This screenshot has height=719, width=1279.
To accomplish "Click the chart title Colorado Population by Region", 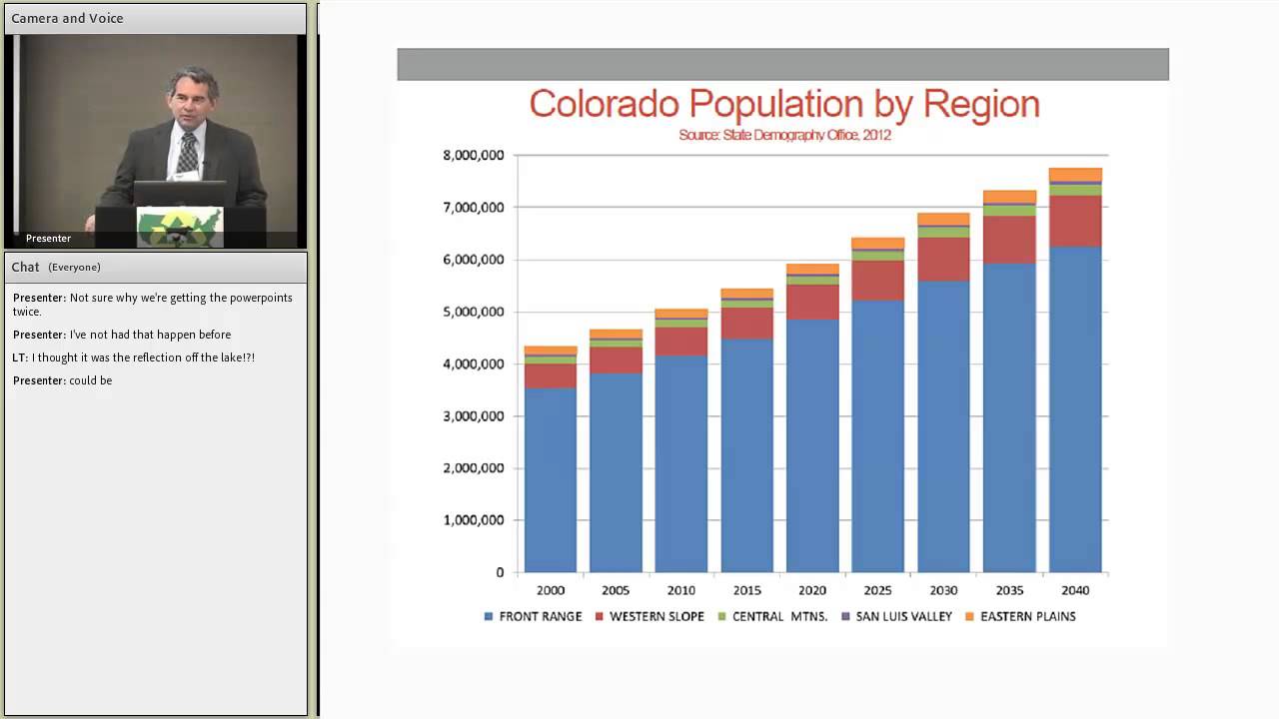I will tap(783, 104).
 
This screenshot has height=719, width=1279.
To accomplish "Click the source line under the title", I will tap(783, 135).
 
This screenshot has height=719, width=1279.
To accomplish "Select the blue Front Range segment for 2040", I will tap(1075, 409).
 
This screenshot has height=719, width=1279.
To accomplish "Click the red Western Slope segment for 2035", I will tap(1009, 240).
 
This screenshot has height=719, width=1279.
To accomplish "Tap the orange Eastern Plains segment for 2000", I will tap(551, 351).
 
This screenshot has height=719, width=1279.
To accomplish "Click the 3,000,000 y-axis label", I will tap(474, 416).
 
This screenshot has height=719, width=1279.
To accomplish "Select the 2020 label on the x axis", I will tap(812, 590).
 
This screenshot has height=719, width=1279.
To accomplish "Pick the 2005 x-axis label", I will tap(616, 590).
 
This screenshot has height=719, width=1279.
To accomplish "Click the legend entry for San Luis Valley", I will tap(902, 616).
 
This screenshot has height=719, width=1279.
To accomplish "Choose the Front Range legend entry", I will tap(540, 616).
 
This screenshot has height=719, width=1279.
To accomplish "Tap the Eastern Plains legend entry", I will tap(1027, 616).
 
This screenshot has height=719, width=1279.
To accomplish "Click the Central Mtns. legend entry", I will tap(779, 616).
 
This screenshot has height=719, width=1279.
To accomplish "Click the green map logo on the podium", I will tap(180, 226).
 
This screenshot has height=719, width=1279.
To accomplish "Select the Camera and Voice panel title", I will tap(67, 18).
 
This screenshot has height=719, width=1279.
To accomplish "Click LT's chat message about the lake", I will tap(134, 358).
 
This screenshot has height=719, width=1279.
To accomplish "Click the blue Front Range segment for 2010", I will tap(681, 464).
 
